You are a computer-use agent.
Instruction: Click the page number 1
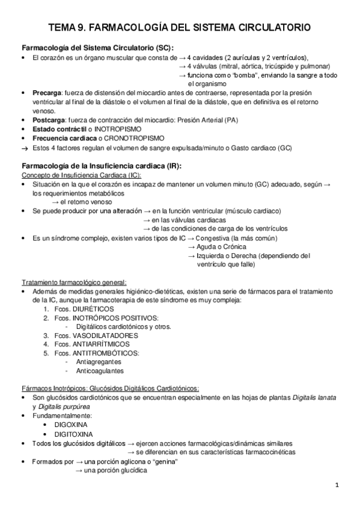click(337, 485)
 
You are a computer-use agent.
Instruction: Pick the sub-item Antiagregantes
click(99, 362)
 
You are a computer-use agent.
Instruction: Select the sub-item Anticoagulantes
click(99, 371)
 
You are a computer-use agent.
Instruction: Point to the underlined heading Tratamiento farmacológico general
click(74, 282)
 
